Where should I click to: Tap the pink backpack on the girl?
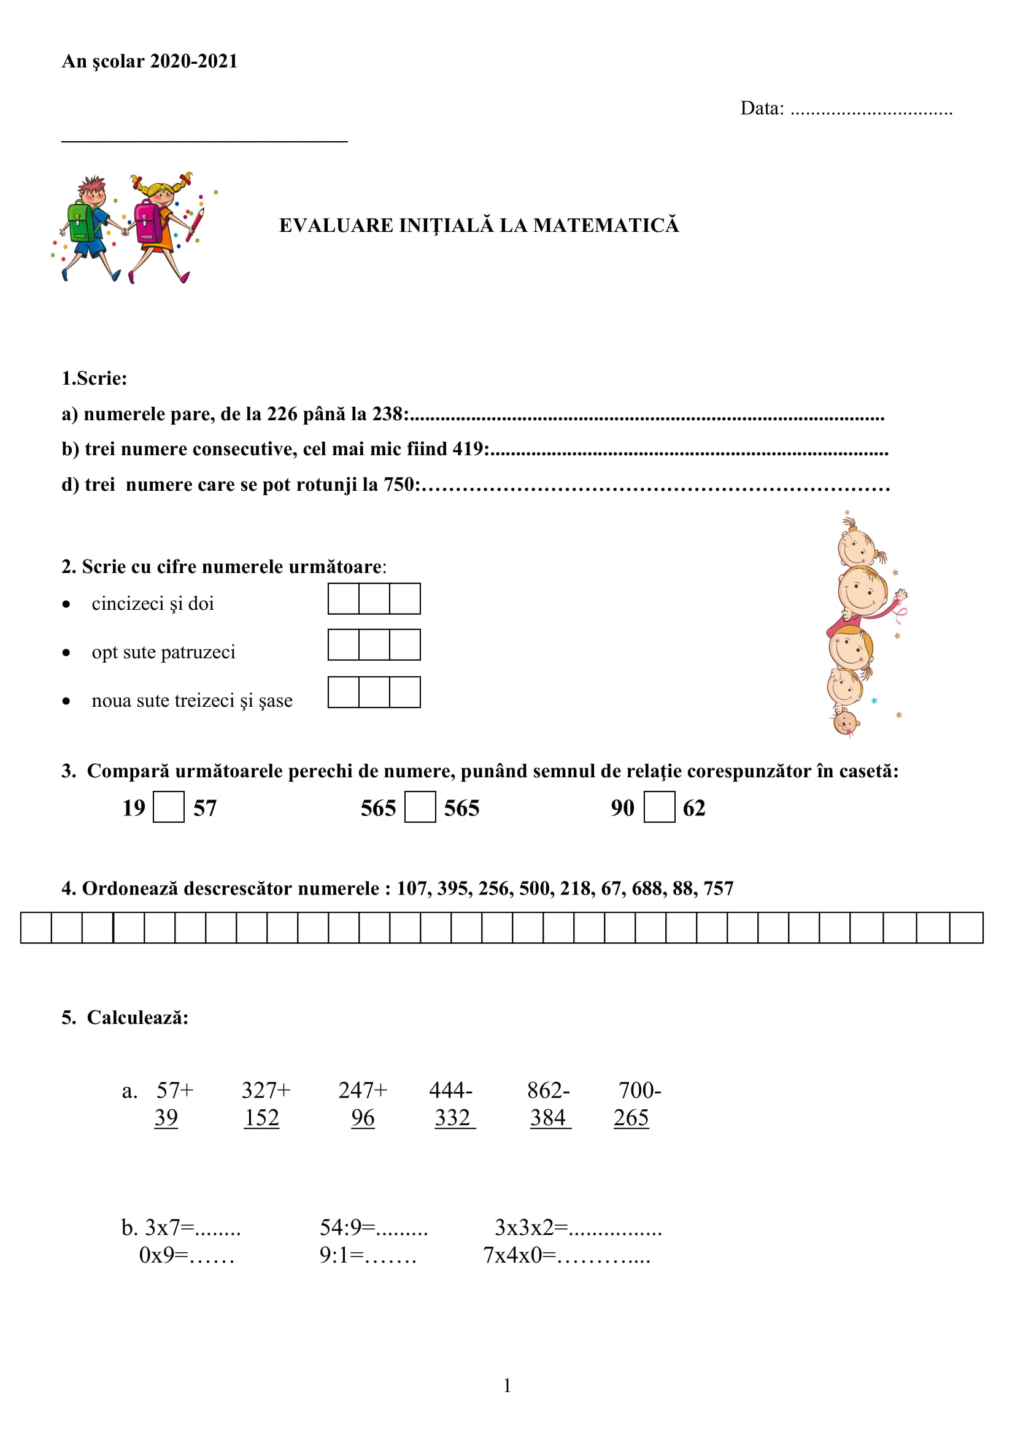pos(147,222)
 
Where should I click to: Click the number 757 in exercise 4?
pos(718,888)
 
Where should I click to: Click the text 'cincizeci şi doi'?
pos(153,603)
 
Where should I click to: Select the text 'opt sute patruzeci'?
pos(163,652)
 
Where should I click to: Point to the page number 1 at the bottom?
pos(507,1386)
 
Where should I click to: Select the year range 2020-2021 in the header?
pos(194,61)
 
